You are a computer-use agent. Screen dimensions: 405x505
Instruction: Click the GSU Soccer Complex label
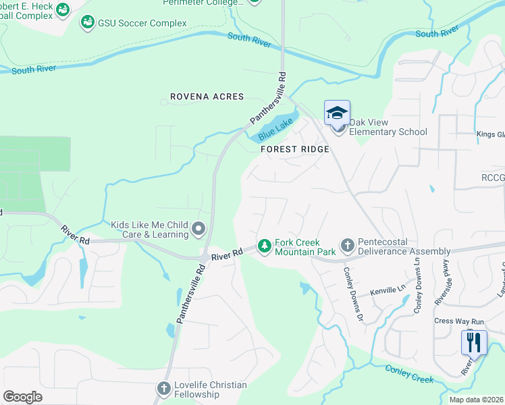142,24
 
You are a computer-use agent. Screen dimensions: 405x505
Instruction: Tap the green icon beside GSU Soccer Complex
87,24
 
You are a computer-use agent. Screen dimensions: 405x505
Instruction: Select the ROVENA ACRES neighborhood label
207,97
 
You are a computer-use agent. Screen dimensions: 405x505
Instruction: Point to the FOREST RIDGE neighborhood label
294,149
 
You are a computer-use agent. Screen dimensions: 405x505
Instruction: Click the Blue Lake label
275,126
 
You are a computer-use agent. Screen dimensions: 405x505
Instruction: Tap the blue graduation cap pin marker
337,113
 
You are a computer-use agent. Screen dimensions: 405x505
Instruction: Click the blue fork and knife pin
474,342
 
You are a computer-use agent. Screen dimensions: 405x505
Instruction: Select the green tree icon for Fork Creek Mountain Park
265,244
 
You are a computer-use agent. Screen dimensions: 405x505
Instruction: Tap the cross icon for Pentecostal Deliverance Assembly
347,244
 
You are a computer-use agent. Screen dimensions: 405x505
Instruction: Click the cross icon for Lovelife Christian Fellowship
163,388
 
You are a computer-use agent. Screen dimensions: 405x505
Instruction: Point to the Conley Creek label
409,374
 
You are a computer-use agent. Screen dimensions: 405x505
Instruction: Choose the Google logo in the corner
22,397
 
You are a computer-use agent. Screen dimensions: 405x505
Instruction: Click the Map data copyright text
477,400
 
